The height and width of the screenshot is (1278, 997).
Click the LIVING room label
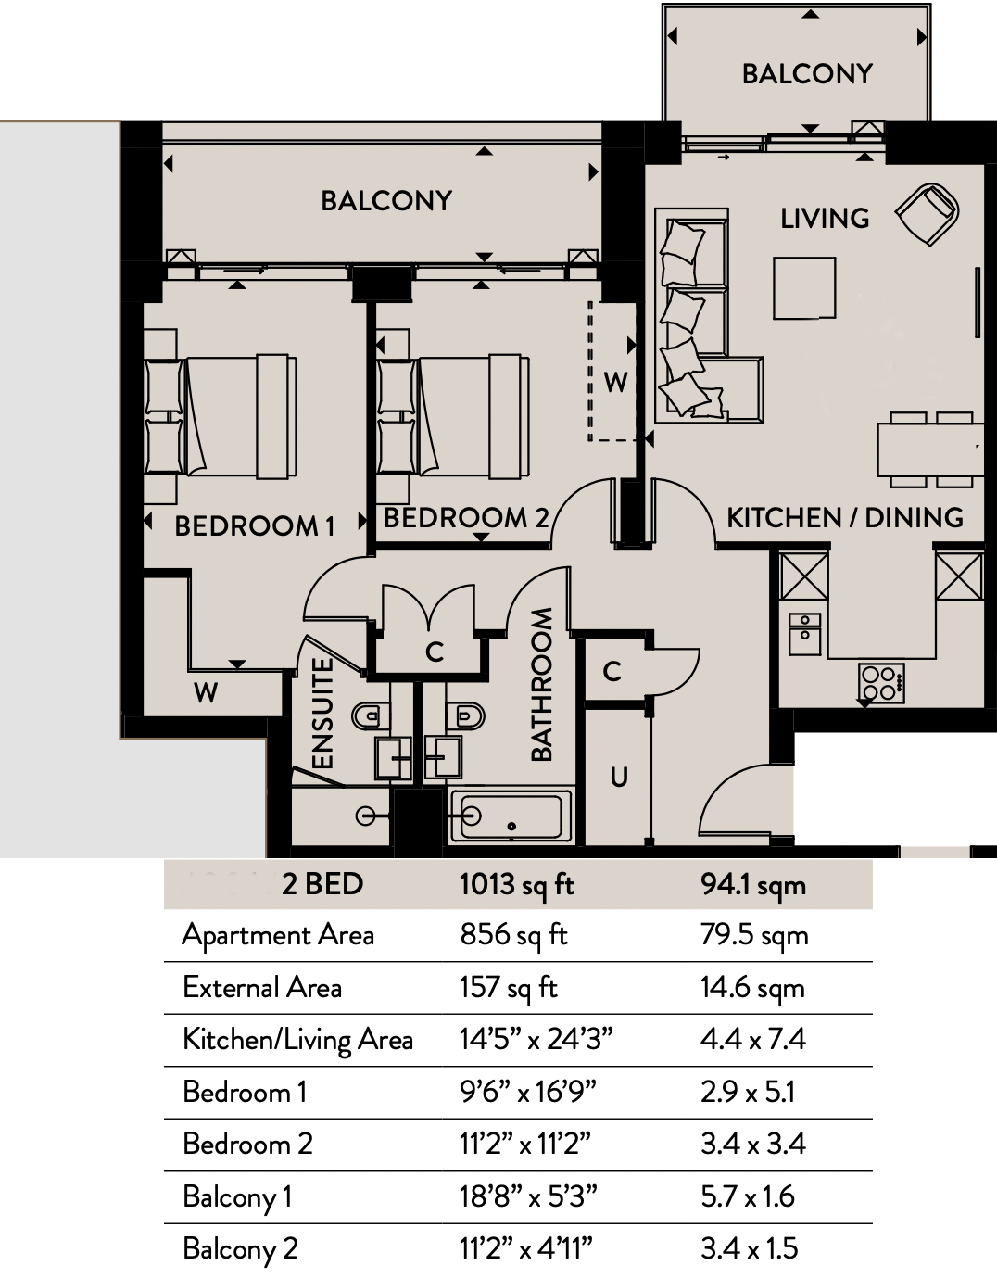[x=824, y=218]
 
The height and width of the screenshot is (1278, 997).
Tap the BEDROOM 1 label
[x=255, y=525]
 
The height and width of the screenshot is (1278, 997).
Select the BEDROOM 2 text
[x=466, y=518]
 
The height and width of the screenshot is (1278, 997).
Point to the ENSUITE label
[x=322, y=713]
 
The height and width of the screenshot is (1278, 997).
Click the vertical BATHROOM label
[x=541, y=684]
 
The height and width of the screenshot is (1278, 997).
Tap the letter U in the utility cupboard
[x=618, y=777]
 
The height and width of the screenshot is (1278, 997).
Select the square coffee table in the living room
[x=804, y=288]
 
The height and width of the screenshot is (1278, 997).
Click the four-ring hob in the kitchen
[x=881, y=683]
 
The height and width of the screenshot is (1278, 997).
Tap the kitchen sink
[x=804, y=633]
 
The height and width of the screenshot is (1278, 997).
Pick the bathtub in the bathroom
[x=511, y=816]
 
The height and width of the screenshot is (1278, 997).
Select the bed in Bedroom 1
[x=221, y=416]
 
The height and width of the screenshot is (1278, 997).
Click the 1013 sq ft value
[x=517, y=884]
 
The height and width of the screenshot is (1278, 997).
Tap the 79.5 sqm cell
[x=754, y=936]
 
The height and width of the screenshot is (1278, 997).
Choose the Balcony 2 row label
[x=240, y=1248]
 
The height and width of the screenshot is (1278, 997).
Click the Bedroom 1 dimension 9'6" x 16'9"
[x=528, y=1092]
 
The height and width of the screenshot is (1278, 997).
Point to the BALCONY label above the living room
[x=807, y=74]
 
